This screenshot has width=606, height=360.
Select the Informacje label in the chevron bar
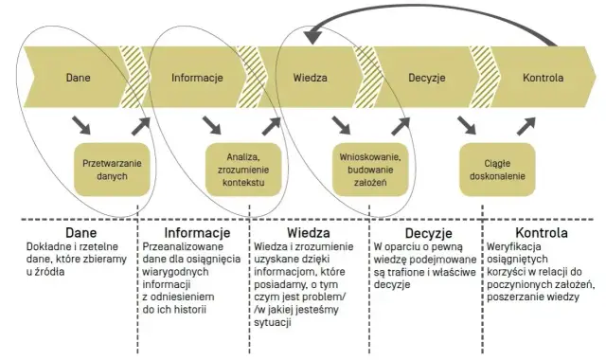[197, 79]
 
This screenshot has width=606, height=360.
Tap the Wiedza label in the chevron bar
[310, 79]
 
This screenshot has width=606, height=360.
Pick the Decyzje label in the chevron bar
[429, 79]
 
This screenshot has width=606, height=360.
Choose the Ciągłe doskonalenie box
[491, 169]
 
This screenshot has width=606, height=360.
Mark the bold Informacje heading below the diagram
[197, 232]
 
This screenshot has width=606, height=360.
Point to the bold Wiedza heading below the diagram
[307, 232]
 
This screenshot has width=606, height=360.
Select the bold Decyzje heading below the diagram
[426, 232]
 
